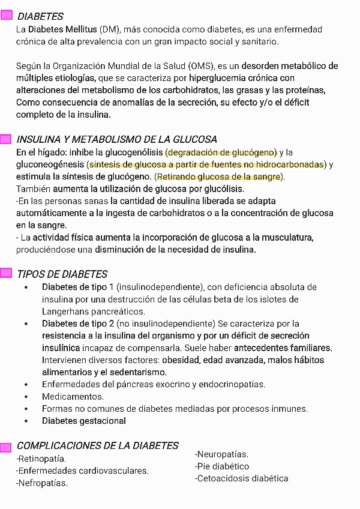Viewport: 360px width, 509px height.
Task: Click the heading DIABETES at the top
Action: point(40,16)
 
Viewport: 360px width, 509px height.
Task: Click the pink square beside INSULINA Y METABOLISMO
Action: point(6,139)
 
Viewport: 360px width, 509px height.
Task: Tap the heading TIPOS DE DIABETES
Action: point(62,274)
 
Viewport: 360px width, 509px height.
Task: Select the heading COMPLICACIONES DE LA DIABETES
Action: point(97,445)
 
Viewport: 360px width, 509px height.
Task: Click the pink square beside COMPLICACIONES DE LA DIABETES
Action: point(6,447)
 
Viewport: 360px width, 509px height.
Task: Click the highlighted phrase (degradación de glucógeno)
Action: point(221,152)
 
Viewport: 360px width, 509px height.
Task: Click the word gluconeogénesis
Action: point(50,164)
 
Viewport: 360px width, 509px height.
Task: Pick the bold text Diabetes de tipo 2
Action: point(79,324)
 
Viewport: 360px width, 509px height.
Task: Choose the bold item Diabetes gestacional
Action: point(84,421)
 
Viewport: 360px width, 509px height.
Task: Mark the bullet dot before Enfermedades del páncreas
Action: point(26,385)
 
